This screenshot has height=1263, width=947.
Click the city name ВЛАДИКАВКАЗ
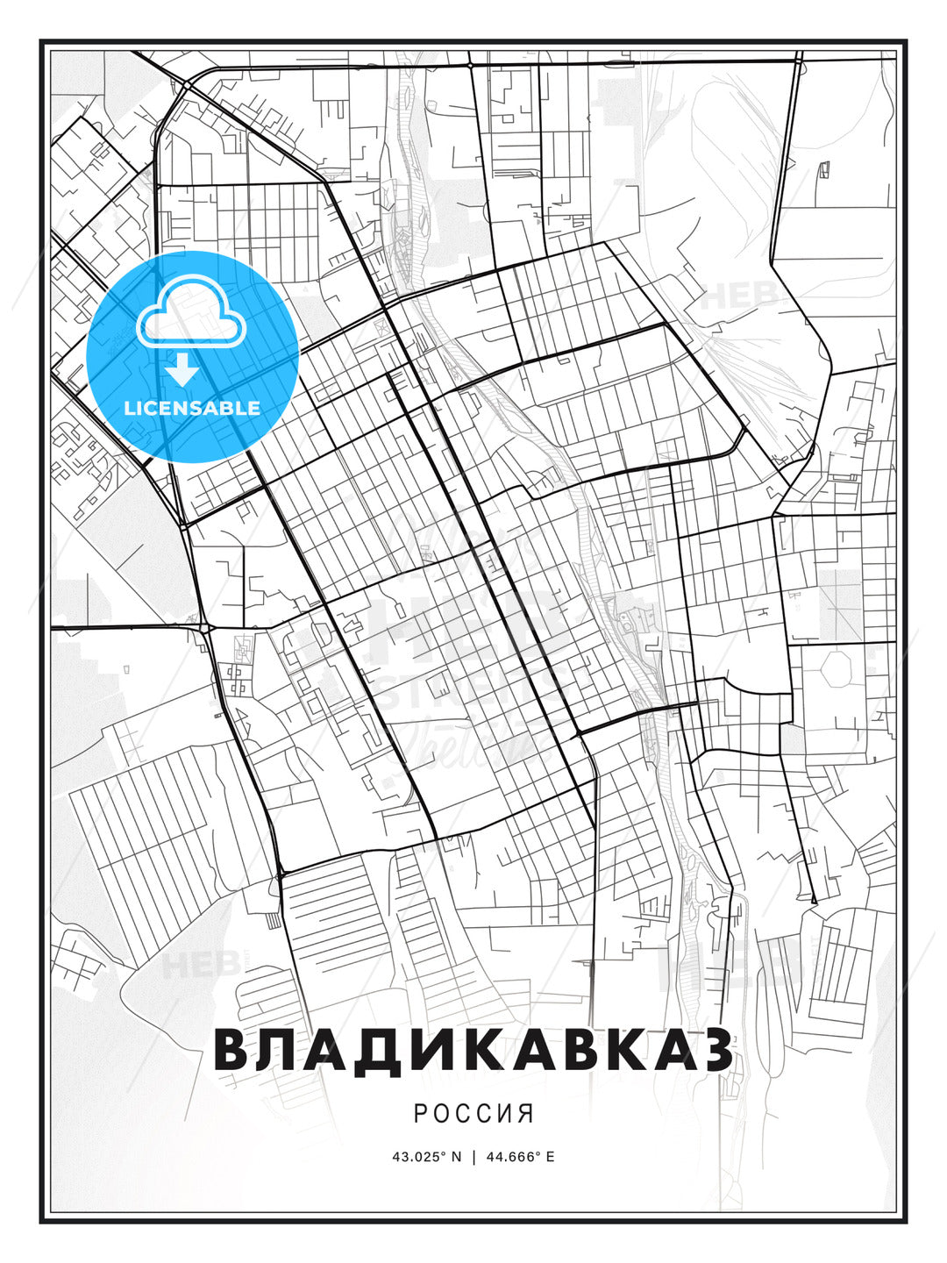473,1050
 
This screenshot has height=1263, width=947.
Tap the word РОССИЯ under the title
473,1113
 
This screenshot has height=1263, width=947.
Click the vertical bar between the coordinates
473,1156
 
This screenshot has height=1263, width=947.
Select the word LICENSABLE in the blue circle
192,408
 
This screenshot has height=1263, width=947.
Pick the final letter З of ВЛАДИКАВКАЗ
715,1050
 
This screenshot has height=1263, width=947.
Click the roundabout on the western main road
205,627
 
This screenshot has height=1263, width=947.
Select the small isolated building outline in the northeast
824,170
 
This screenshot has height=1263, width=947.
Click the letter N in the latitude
456,1156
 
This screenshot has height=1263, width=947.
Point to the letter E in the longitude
550,1156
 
